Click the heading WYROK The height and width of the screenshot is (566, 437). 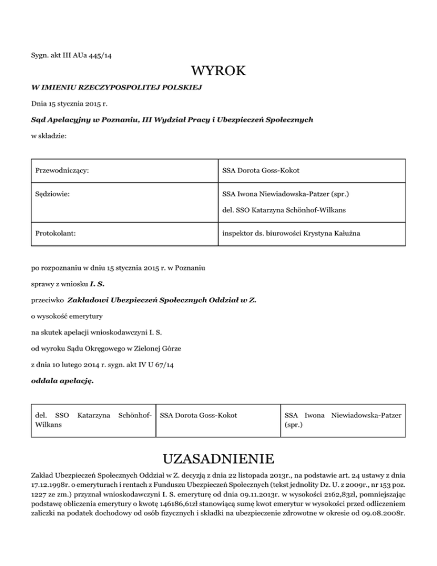[x=218, y=72]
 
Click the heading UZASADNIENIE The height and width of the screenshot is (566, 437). [x=218, y=459]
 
